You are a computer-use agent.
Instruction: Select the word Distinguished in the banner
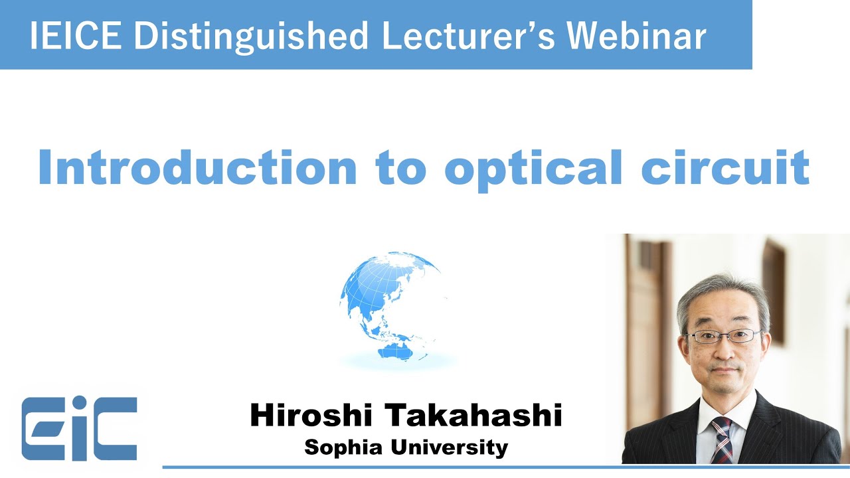coord(250,35)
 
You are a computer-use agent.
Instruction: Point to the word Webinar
coord(637,35)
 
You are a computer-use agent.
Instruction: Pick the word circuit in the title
coord(724,167)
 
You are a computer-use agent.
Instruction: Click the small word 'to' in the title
coord(400,168)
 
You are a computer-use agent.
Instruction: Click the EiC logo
coord(79,428)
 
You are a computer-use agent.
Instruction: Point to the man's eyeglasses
coord(723,335)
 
